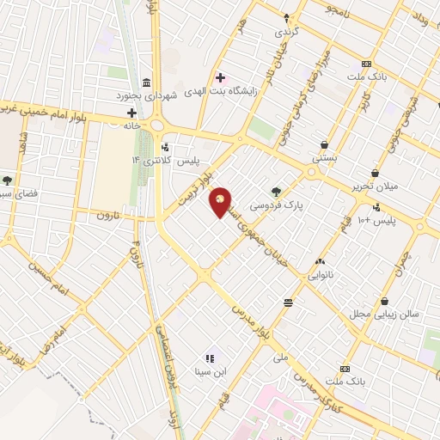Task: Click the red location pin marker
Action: [x=222, y=202]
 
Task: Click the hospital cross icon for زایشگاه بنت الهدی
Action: [x=221, y=77]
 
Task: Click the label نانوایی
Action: [x=320, y=276]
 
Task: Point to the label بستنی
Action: [x=324, y=159]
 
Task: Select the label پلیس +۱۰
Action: [x=376, y=221]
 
